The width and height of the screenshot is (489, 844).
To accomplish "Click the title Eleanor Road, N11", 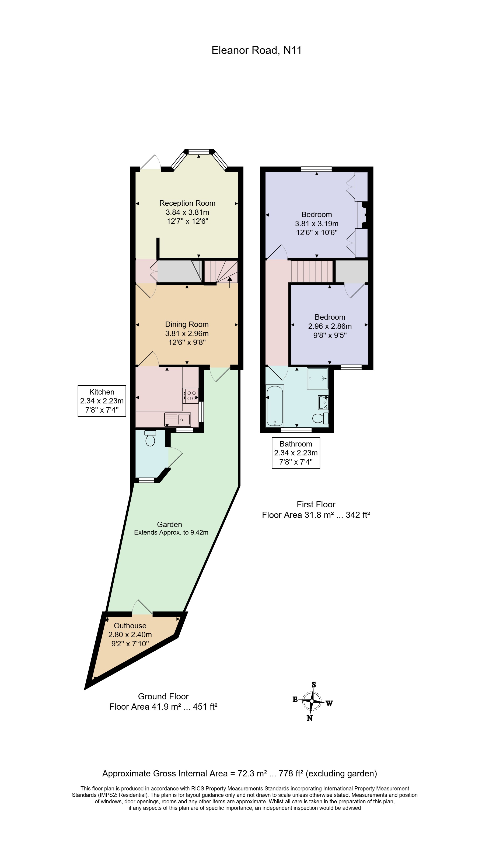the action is [x=256, y=50].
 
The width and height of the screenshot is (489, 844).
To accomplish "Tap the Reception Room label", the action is [x=187, y=203].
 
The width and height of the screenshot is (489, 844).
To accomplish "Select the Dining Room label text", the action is [x=187, y=324].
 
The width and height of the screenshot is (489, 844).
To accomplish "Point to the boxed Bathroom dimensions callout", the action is [x=296, y=453].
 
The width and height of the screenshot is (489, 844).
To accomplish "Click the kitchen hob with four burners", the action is [x=190, y=395].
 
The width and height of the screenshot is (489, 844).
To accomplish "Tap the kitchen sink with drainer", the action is [x=177, y=419].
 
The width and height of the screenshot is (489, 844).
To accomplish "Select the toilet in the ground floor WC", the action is [x=150, y=438].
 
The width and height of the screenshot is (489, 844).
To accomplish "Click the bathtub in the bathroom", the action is [x=275, y=406].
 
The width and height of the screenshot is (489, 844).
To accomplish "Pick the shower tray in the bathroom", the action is [x=317, y=378].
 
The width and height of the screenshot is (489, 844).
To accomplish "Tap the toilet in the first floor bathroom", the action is [x=320, y=418].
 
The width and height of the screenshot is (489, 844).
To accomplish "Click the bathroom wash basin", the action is [x=323, y=402].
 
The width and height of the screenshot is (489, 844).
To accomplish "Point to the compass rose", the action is [x=312, y=701].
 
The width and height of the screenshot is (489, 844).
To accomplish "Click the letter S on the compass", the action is [x=314, y=685].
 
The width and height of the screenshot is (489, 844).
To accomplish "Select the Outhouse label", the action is [x=130, y=626].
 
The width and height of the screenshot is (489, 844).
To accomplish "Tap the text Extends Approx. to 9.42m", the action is [x=171, y=532].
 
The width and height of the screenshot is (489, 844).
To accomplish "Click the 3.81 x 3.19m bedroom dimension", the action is [x=316, y=224].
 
